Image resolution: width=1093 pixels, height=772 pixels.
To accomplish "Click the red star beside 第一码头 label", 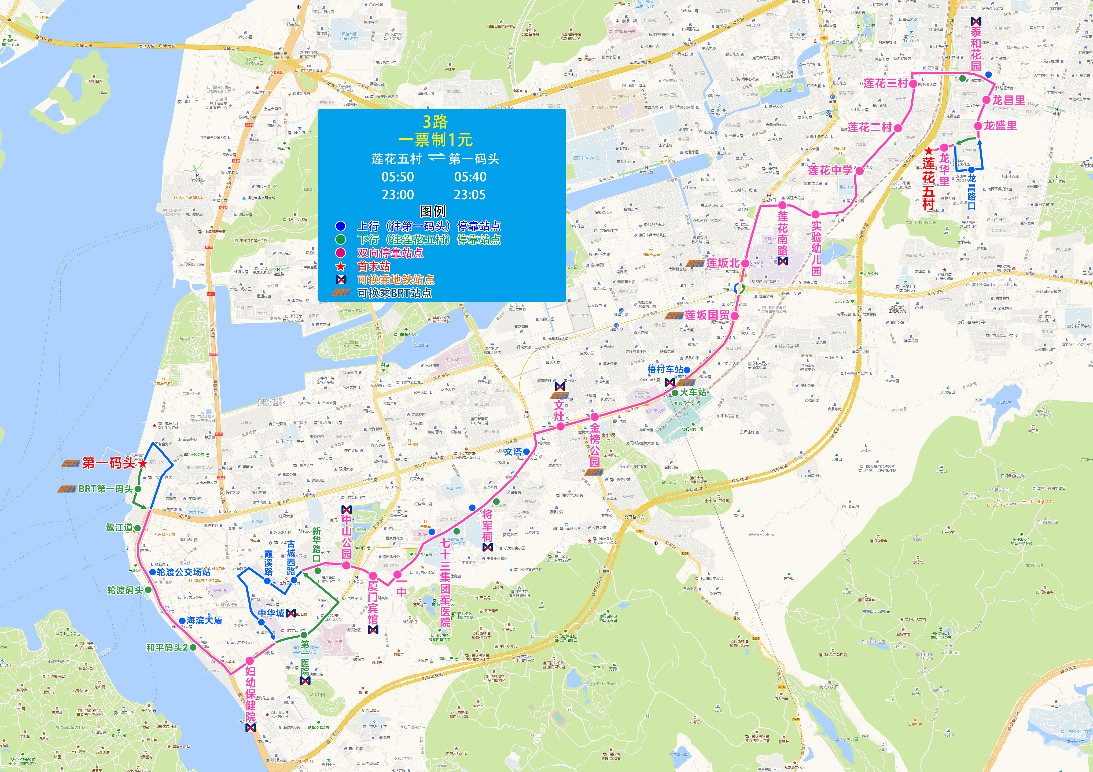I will tap(142, 463).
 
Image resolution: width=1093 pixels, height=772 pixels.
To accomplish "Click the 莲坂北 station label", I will tap(723, 263).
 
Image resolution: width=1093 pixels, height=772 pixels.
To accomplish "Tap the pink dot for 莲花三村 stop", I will tap(913, 84).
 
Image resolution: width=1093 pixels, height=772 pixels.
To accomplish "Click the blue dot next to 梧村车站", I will tap(687, 370).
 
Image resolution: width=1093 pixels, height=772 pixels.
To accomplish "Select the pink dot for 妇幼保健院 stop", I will tap(249, 661).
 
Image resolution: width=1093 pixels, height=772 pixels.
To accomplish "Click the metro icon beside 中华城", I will tap(290, 614).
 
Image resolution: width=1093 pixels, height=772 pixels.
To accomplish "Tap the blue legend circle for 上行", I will tap(340, 226).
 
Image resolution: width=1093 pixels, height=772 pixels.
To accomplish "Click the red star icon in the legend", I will tap(340, 267).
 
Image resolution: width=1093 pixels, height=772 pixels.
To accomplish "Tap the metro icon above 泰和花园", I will tap(976, 21).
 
